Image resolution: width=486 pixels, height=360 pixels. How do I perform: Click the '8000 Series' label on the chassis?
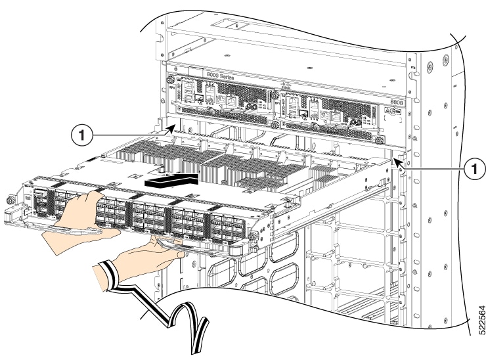[222, 76]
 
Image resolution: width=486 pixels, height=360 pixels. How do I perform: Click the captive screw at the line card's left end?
[10, 200]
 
